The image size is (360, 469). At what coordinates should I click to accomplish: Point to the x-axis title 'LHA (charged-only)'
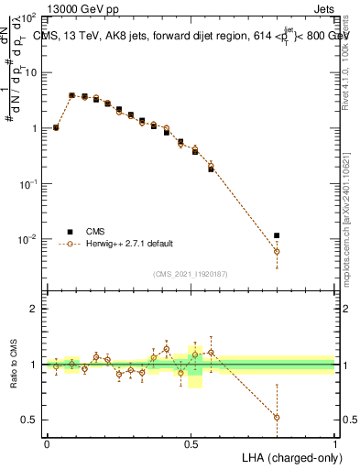(291, 456)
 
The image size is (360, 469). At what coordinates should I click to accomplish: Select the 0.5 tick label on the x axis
(191, 443)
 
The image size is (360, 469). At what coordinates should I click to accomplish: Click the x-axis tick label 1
(335, 443)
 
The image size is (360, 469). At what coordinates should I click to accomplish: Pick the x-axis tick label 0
(47, 443)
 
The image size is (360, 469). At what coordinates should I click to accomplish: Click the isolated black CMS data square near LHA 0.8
(277, 235)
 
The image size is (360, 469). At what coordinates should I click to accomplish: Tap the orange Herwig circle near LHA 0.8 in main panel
(277, 251)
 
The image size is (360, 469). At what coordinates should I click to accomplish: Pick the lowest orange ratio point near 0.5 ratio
(277, 417)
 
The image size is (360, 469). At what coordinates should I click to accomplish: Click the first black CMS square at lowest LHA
(56, 128)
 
